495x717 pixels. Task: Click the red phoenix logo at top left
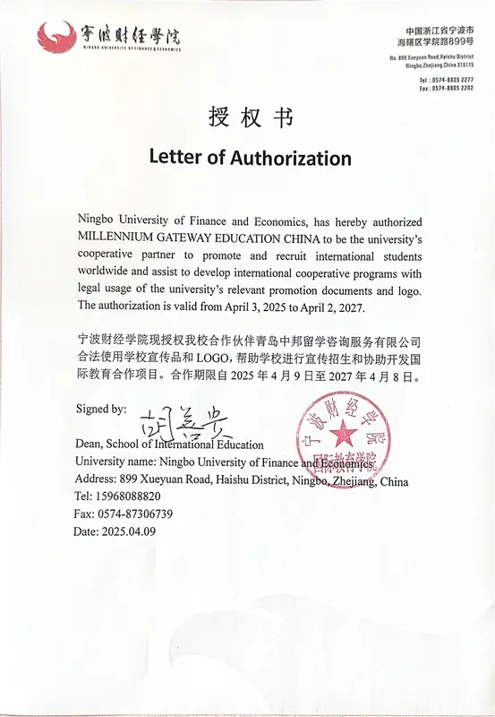click(x=56, y=38)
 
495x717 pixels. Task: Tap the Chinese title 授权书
click(x=247, y=117)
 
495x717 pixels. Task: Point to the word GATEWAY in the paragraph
click(x=209, y=238)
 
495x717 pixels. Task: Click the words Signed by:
click(x=100, y=409)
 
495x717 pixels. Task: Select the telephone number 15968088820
click(x=130, y=497)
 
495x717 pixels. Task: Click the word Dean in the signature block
click(x=90, y=445)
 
